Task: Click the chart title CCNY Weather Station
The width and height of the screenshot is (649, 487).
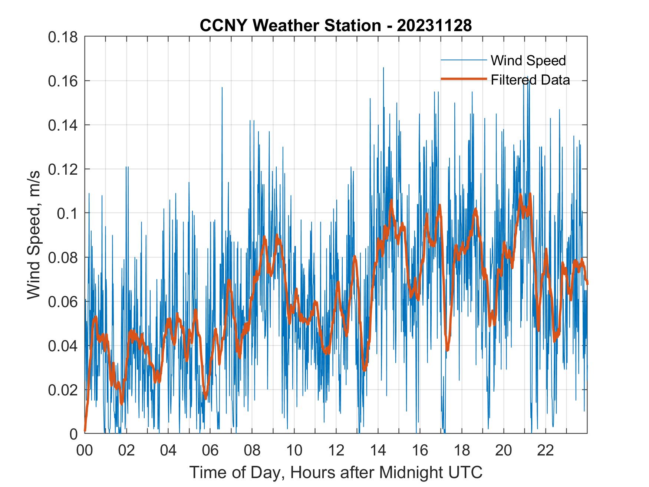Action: coord(290,26)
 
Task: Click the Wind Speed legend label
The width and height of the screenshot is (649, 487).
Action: coord(528,60)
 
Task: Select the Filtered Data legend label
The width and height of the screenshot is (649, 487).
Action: coord(530,80)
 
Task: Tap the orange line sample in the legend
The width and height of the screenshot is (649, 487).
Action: coord(463,79)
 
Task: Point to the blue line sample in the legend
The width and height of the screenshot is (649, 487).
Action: coord(463,60)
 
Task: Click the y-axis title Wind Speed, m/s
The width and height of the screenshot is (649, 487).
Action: coord(34,235)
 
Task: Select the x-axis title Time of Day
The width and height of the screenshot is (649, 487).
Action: coord(336,473)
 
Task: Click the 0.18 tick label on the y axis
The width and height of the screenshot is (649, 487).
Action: coord(63,37)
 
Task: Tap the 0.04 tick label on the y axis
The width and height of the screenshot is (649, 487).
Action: coord(63,346)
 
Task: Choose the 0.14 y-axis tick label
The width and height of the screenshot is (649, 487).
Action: coord(63,125)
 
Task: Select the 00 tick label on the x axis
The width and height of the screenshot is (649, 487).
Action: coord(85,451)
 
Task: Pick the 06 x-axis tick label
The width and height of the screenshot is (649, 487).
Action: coord(210,451)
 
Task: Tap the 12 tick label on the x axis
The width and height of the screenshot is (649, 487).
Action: coord(336,451)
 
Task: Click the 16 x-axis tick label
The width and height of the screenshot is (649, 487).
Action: coord(420,451)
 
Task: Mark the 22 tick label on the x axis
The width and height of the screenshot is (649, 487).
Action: coord(546,451)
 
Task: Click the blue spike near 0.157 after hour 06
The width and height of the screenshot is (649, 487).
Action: coord(222,88)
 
